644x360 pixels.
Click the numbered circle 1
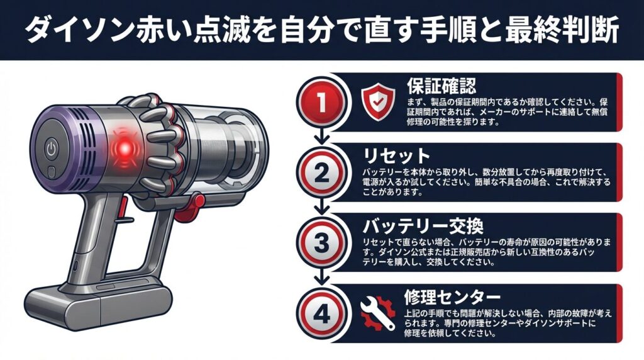pyautogui.click(x=321, y=102)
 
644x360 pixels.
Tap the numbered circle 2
pyautogui.click(x=321, y=172)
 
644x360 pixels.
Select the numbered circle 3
pyautogui.click(x=321, y=242)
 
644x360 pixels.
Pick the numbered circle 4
pyautogui.click(x=321, y=315)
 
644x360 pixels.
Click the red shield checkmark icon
pyautogui.click(x=378, y=101)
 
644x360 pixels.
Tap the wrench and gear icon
pyautogui.click(x=378, y=313)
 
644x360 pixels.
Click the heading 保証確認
pyautogui.click(x=441, y=86)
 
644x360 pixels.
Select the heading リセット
pyautogui.click(x=396, y=156)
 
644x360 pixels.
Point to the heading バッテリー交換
pyautogui.click(x=423, y=226)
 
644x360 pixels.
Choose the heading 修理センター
pyautogui.click(x=452, y=296)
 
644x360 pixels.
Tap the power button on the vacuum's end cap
pyautogui.click(x=51, y=149)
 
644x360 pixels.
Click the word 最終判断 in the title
pyautogui.click(x=562, y=30)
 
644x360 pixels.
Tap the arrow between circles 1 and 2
pyautogui.click(x=321, y=135)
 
